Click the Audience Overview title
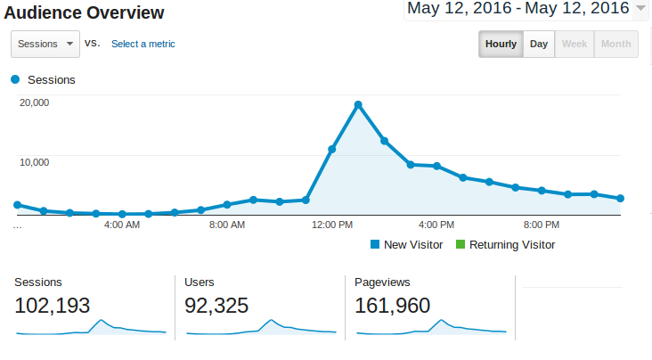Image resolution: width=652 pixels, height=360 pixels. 85,13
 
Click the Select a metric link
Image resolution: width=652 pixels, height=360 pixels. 143,44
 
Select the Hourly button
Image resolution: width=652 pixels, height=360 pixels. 501,45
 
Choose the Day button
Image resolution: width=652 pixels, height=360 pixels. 539,45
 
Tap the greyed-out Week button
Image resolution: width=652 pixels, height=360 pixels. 574,45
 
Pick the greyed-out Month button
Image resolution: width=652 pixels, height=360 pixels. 615,45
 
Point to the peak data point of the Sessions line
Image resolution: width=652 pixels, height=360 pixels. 358,105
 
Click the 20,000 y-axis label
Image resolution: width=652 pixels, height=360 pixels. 34,102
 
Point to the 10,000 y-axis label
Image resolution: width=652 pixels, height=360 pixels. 34,162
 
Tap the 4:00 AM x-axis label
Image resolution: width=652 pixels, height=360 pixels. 121,225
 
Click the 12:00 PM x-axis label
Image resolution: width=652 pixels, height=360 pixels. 331,225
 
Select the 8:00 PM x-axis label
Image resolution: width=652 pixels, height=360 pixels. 541,225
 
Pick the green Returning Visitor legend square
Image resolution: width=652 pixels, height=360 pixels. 460,244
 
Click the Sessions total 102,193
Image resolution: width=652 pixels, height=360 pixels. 53,306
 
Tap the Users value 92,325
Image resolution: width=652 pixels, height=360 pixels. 222,306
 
